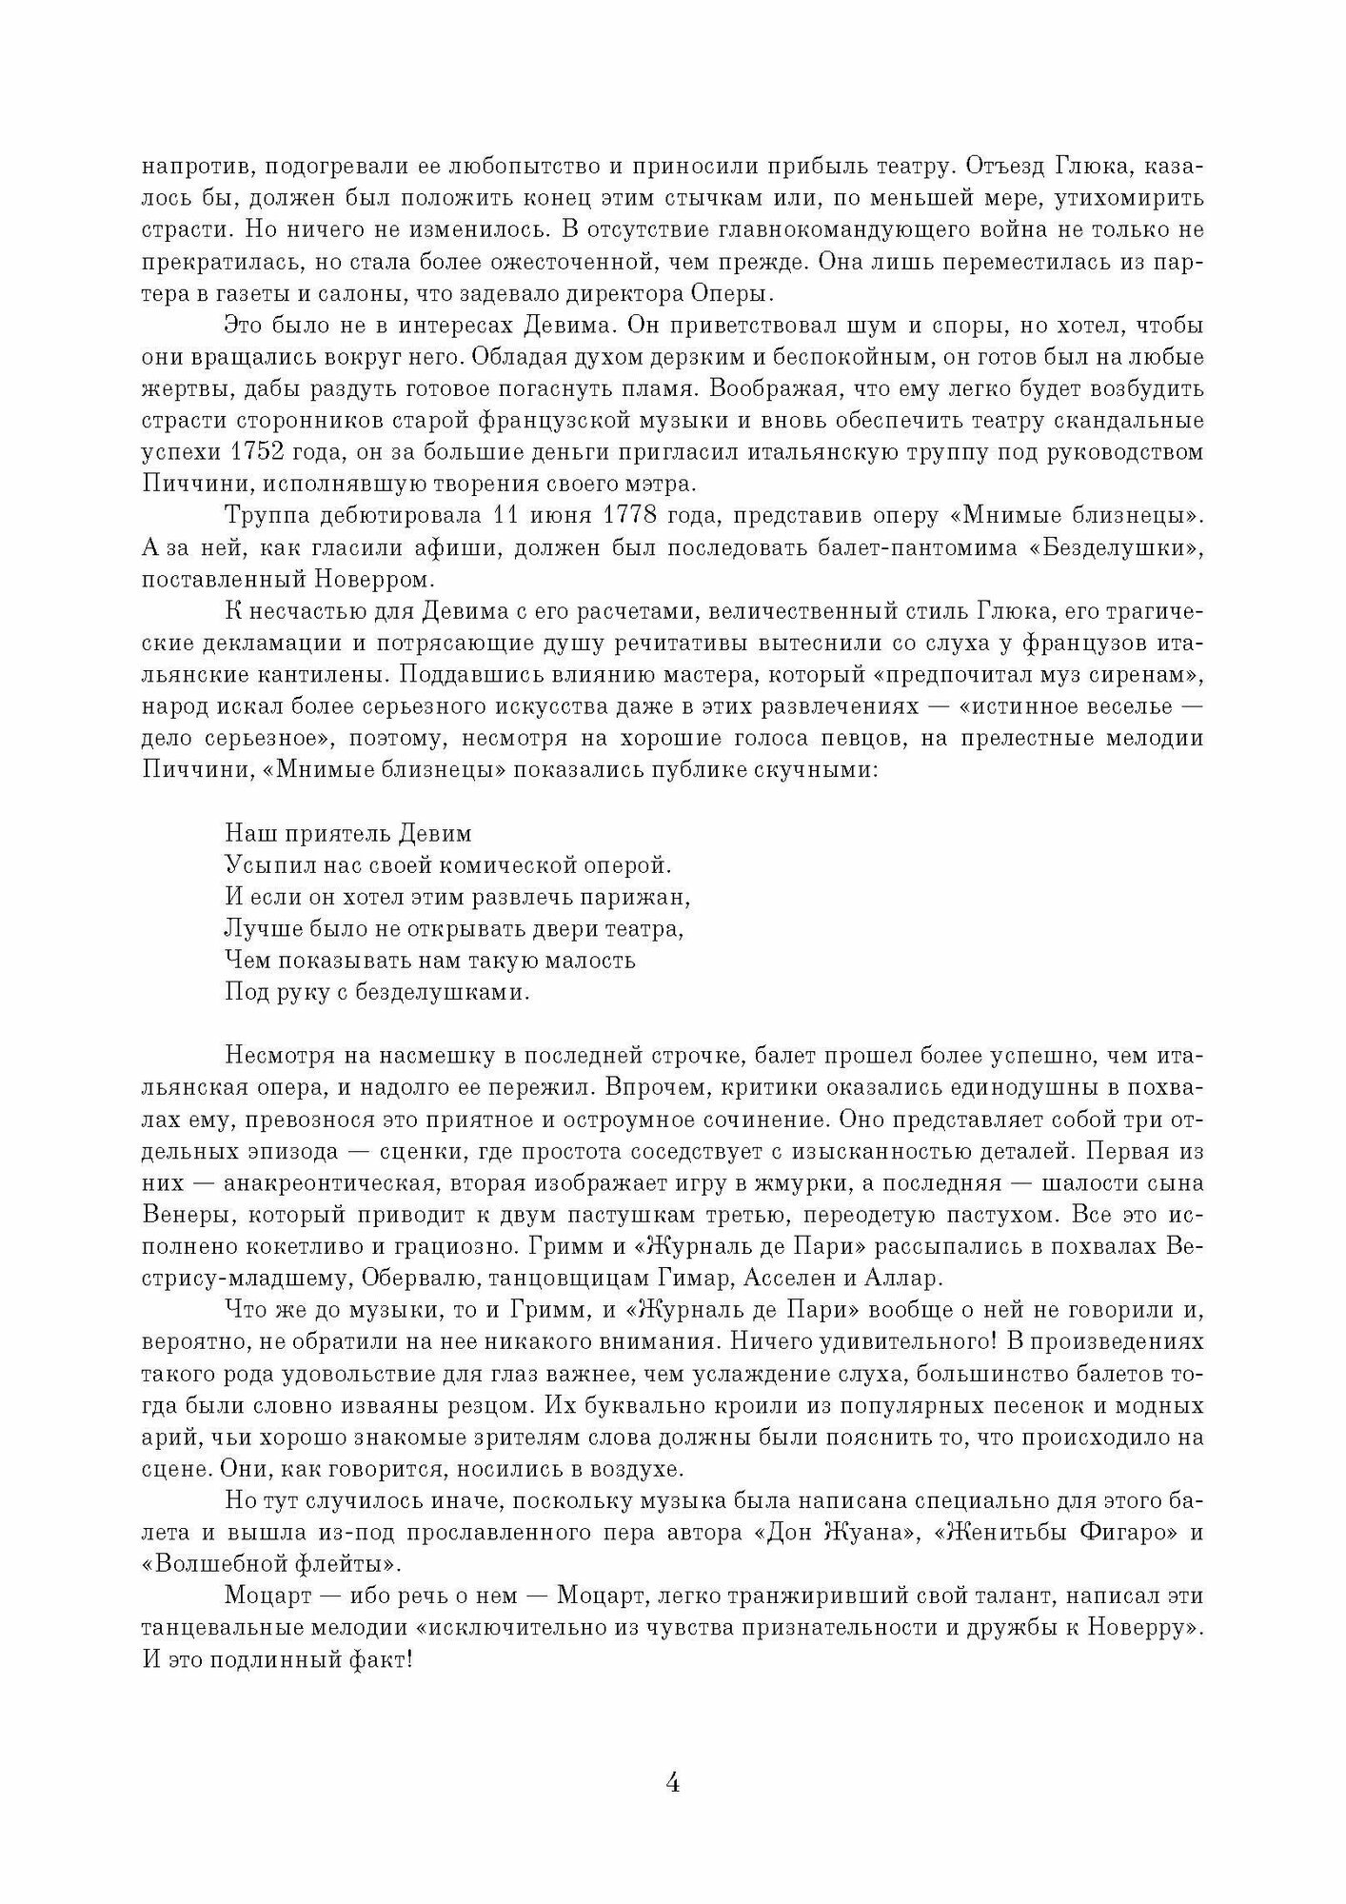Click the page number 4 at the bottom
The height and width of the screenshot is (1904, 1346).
pyautogui.click(x=672, y=1783)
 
